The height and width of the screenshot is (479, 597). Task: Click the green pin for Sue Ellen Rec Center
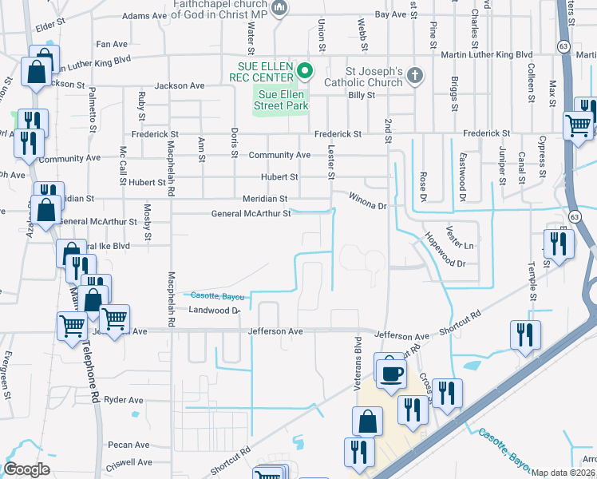point(304,72)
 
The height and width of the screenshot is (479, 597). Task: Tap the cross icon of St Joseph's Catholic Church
point(413,77)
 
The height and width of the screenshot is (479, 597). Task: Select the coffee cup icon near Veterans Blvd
point(389,372)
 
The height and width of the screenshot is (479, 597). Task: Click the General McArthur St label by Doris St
point(251,213)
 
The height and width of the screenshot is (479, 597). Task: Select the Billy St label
point(362,95)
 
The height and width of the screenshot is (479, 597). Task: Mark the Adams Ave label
point(144,16)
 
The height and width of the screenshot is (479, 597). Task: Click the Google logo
point(26,469)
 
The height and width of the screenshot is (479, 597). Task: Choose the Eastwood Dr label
point(462,172)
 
